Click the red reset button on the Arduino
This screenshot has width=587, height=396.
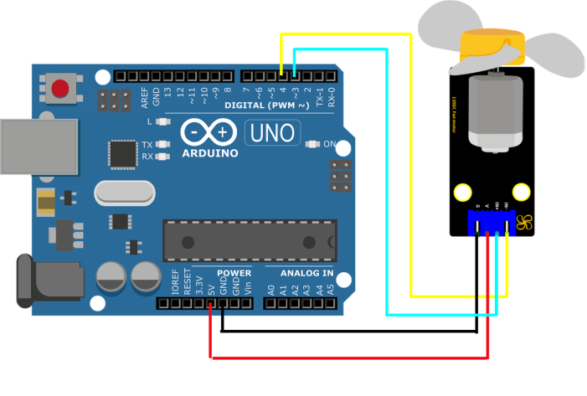59,88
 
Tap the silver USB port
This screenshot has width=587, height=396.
37,147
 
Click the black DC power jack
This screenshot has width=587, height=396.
33,281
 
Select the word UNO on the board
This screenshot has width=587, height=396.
271,132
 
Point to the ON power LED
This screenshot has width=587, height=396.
312,144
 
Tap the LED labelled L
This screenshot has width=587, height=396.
163,122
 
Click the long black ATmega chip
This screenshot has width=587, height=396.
250,240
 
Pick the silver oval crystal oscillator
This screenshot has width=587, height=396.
125,193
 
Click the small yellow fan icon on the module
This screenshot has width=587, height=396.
525,223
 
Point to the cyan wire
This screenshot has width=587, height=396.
386,184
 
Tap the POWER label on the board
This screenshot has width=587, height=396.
234,273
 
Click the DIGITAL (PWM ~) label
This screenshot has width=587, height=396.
267,105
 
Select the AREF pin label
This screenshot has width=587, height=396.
145,98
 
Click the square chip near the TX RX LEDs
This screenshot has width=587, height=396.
123,154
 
